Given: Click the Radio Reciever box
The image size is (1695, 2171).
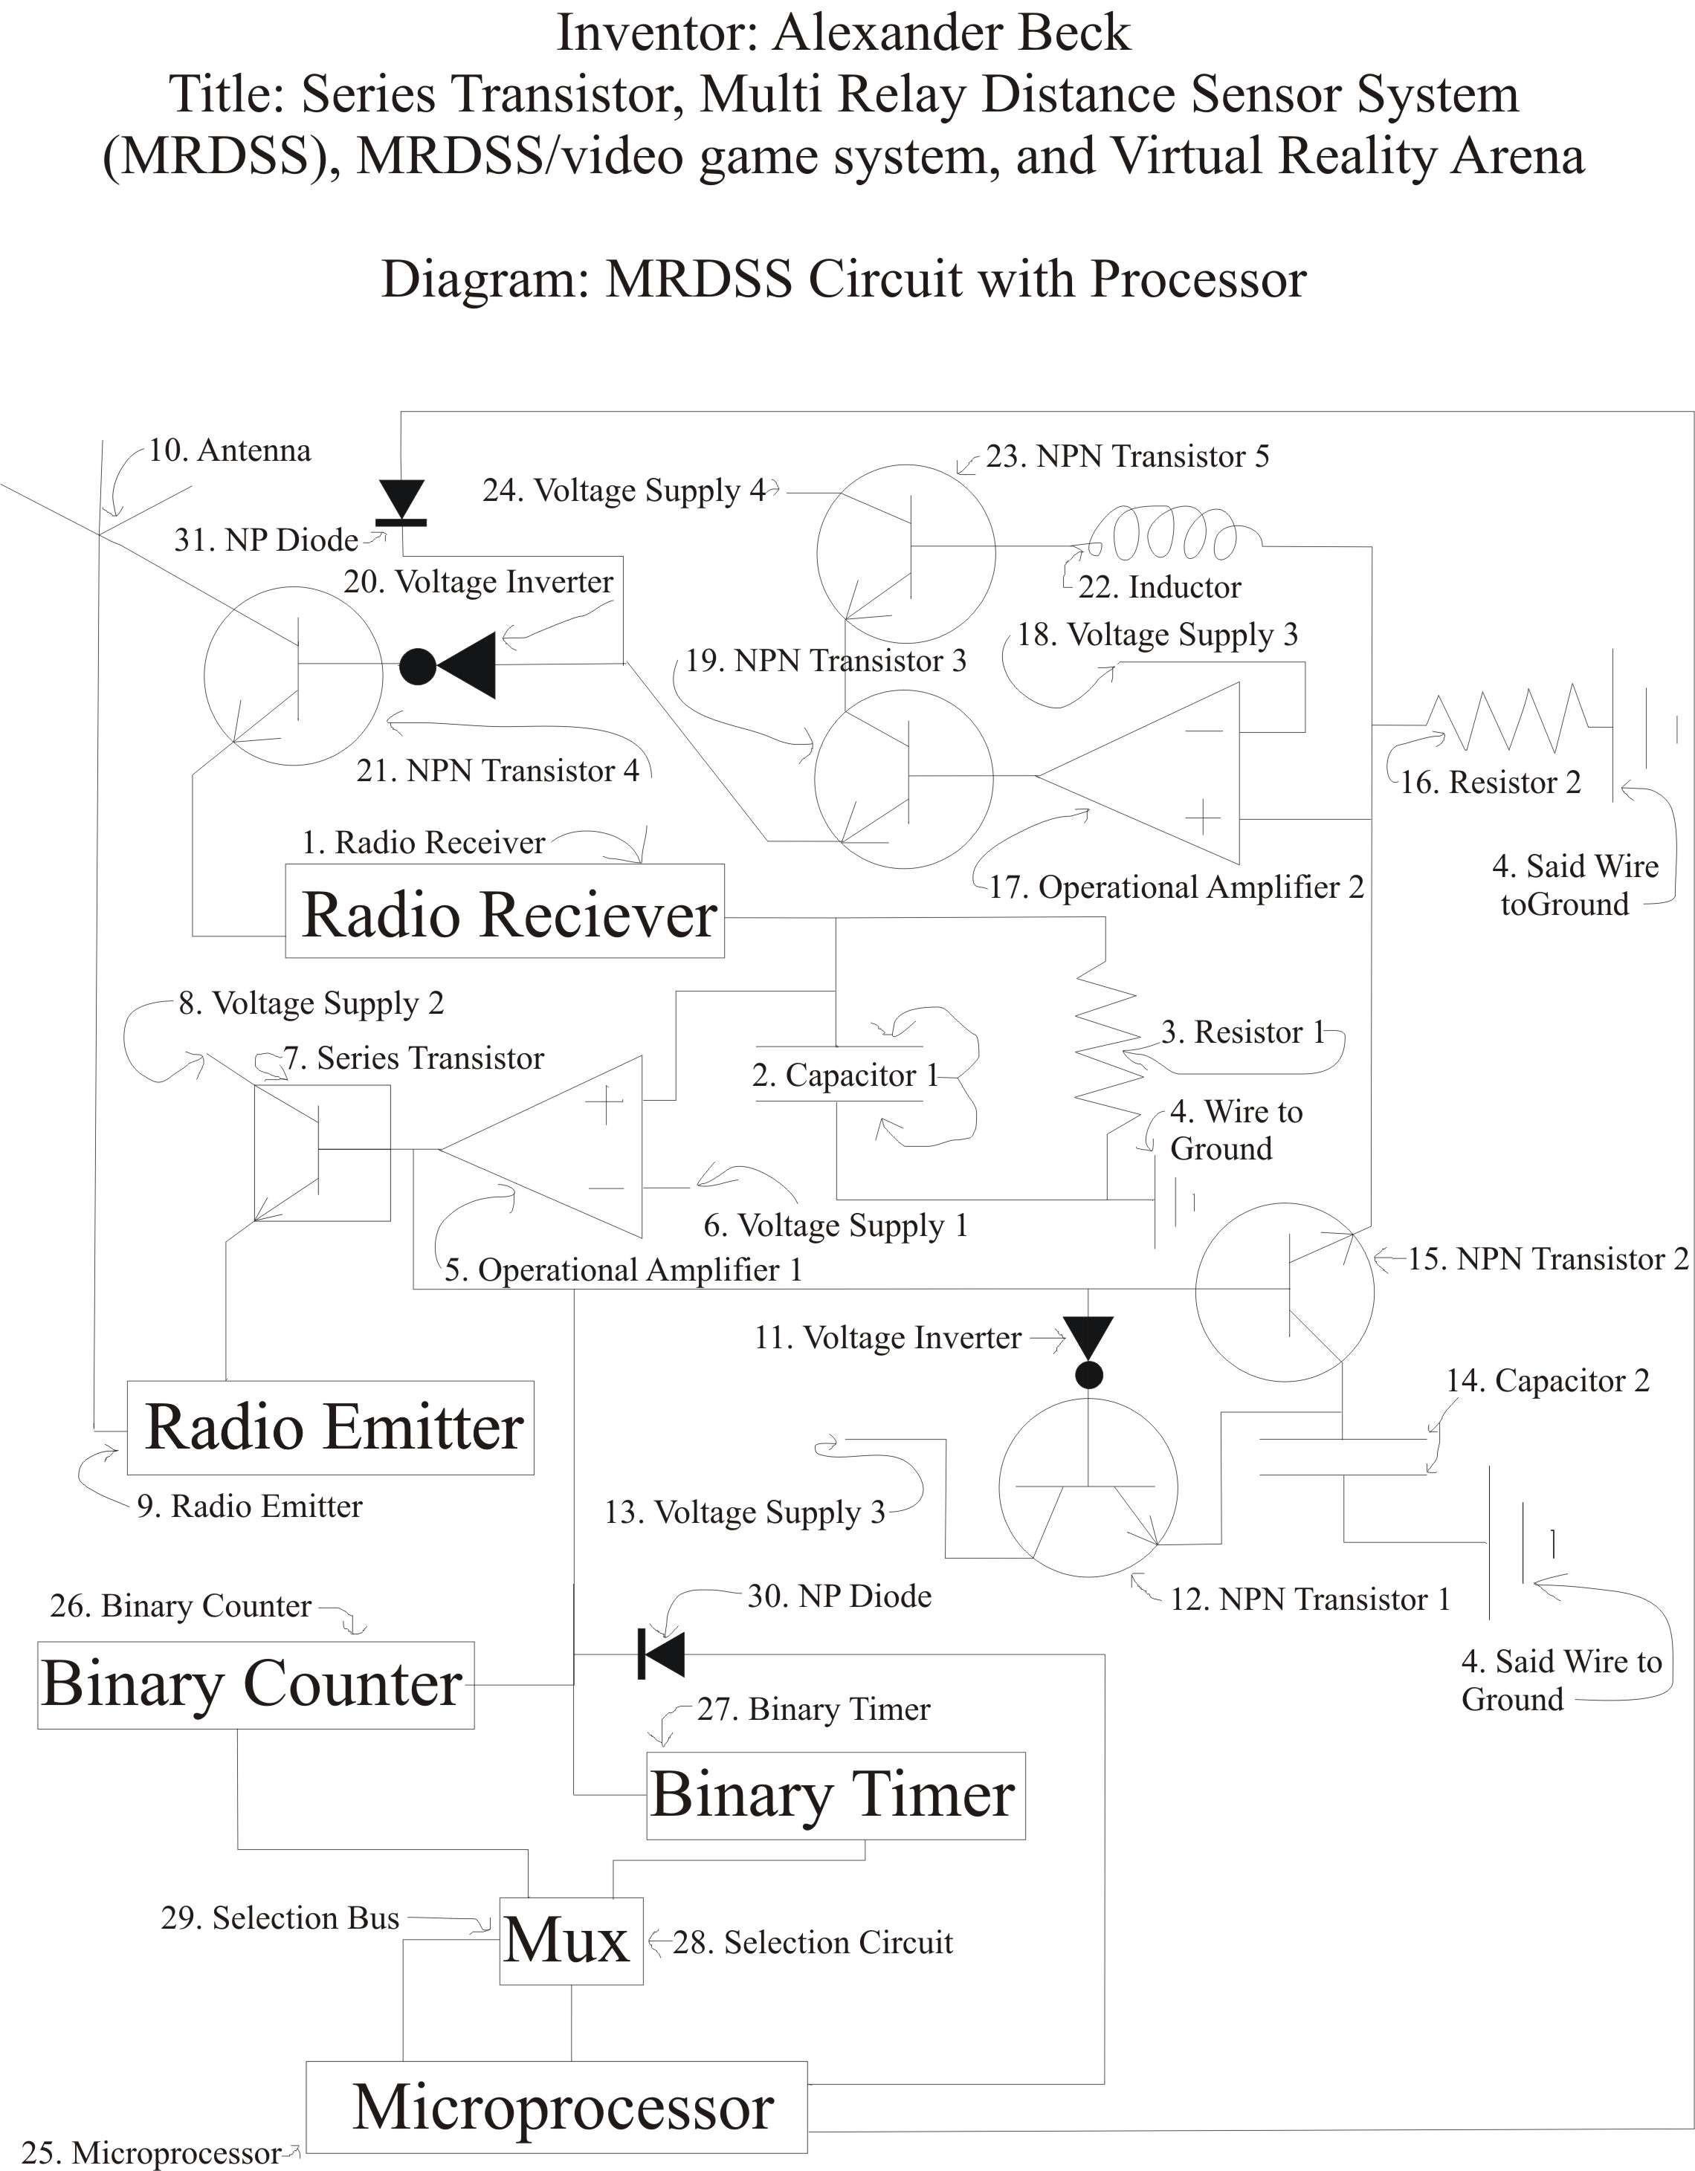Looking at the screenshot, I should tap(505, 911).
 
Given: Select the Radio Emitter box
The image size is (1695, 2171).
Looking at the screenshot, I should tap(331, 1428).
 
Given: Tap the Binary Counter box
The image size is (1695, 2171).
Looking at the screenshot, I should tap(256, 1685).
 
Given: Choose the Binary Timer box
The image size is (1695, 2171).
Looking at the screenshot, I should tap(835, 1795).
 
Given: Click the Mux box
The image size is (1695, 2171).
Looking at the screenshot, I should tap(571, 1941).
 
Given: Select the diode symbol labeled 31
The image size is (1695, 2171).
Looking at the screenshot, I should tap(401, 502).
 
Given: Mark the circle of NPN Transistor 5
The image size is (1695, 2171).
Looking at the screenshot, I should tap(905, 553).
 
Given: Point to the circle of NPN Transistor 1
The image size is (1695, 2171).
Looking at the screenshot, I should tap(1088, 1488).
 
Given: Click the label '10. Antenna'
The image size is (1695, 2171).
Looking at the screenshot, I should tap(230, 450).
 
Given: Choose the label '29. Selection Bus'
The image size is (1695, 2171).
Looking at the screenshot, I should tap(280, 1918).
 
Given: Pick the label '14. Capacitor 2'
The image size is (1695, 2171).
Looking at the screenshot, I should tap(1548, 1381).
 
